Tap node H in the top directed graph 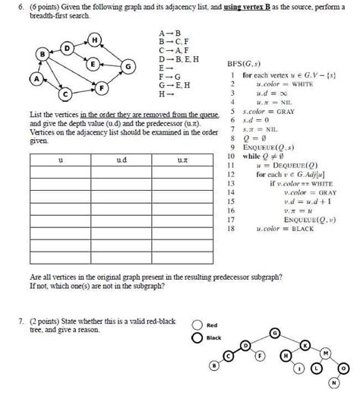point(95,40)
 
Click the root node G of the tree point(274,331)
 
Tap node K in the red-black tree point(305,345)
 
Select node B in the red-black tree point(213,366)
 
